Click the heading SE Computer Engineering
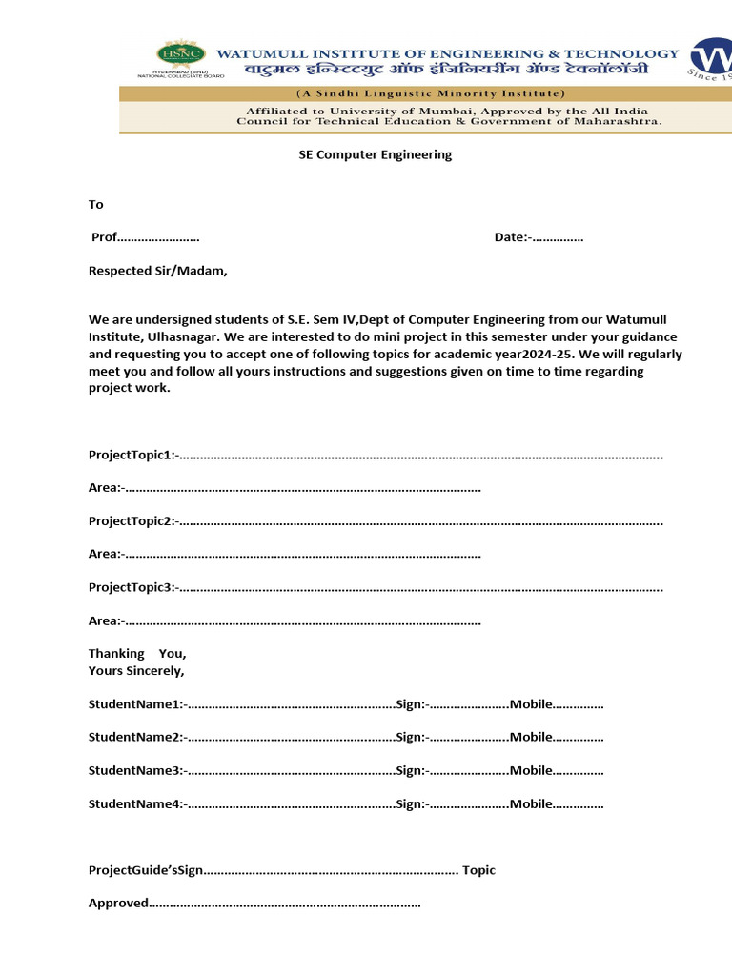point(376,154)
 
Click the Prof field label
point(104,237)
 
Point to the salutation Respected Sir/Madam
point(158,271)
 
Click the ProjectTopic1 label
point(131,455)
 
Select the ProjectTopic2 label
point(131,521)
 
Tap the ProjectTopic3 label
point(131,588)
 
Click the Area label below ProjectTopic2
point(104,554)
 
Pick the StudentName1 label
point(134,704)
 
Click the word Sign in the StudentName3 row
point(409,771)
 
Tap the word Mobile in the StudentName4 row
point(531,803)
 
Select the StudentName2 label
point(134,737)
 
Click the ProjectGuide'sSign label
point(146,870)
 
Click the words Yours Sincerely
point(136,671)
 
